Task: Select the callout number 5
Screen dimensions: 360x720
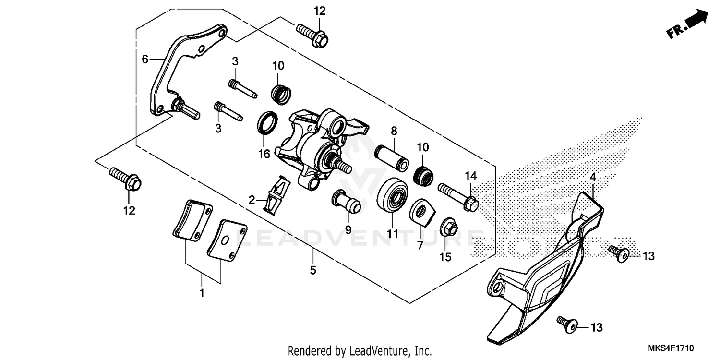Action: point(313,270)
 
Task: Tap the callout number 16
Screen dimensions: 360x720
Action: point(264,153)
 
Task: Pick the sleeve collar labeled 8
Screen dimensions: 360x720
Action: point(392,157)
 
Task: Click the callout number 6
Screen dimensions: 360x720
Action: point(145,60)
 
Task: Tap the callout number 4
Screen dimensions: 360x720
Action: point(592,177)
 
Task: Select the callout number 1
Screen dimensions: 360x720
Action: point(202,292)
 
